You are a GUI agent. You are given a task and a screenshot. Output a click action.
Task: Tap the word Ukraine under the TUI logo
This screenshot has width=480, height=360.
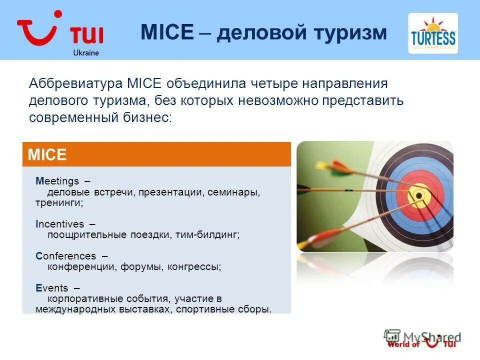coord(86,52)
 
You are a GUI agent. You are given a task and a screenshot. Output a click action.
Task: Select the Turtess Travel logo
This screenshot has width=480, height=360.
coord(433,33)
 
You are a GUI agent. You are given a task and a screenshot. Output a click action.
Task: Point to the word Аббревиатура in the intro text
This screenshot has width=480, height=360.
coord(75,83)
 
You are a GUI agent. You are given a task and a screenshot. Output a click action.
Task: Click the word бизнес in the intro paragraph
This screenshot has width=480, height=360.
coord(147,117)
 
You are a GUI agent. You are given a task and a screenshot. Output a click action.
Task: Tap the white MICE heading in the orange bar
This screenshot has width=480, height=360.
coord(47,154)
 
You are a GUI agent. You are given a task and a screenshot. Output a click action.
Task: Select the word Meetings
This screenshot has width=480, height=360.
coord(57,181)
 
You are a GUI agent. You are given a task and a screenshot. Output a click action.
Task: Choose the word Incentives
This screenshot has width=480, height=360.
coord(59,224)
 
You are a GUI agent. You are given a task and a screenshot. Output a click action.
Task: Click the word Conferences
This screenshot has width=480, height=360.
coord(66,256)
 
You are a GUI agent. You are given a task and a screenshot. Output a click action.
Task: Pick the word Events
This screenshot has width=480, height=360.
coord(51,288)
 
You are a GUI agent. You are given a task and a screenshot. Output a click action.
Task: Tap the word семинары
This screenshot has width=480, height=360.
coord(234,192)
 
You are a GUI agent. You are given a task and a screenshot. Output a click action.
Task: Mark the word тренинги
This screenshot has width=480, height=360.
coord(59,203)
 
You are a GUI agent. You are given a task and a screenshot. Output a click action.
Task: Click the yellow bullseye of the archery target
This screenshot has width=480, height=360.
coord(419,195)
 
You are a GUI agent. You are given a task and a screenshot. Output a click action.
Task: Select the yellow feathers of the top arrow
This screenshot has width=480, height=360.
coord(322,165)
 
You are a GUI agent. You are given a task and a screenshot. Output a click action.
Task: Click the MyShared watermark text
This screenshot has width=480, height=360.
coord(432,337)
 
